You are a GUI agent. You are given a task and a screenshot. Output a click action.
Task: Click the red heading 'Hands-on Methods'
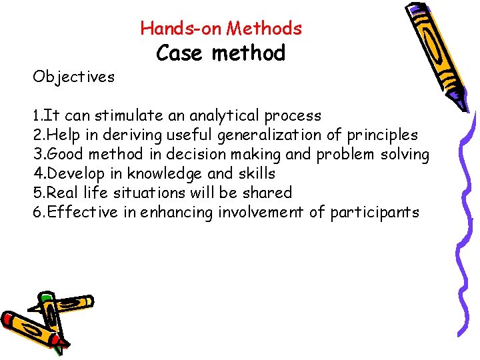coord(221,28)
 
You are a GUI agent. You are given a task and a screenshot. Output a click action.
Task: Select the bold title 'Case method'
coord(221,53)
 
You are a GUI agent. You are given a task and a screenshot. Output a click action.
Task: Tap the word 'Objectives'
coord(73,77)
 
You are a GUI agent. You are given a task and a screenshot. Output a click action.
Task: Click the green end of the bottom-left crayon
coord(45,297)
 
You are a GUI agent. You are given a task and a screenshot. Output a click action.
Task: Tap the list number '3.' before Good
coord(39,155)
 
